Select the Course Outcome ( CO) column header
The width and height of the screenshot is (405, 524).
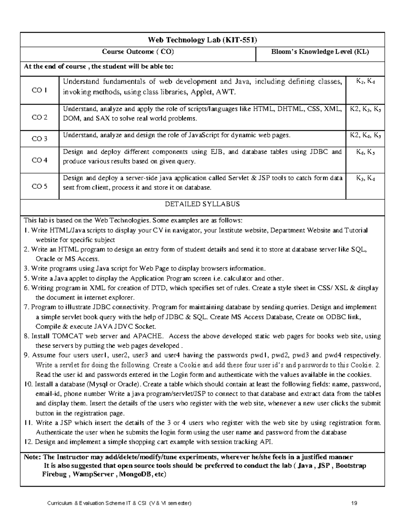pos(138,52)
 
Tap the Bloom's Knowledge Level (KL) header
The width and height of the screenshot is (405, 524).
pos(320,52)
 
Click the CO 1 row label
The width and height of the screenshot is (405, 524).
pos(39,90)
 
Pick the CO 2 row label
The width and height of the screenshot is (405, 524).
pos(39,117)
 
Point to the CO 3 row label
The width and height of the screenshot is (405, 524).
pos(39,139)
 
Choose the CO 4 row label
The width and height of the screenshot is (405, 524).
pos(39,160)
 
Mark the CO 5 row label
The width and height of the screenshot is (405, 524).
pos(39,186)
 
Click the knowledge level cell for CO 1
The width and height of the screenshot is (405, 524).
pos(365,81)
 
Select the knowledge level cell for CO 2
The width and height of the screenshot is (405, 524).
pos(365,109)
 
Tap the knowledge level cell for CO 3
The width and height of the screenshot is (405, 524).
pos(365,136)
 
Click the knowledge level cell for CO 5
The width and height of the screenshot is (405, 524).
pos(365,178)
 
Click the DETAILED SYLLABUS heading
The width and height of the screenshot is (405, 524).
pos(202,204)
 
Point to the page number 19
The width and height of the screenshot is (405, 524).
pos(354,503)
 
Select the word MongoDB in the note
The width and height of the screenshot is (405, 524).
pos(134,474)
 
